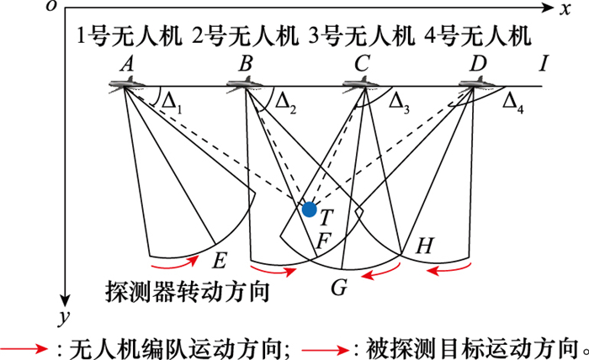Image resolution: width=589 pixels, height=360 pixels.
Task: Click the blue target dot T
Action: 310,209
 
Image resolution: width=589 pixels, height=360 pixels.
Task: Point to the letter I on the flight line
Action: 544,64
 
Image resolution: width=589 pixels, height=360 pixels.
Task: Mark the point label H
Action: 425,246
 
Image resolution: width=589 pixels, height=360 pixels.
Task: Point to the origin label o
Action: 52,7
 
